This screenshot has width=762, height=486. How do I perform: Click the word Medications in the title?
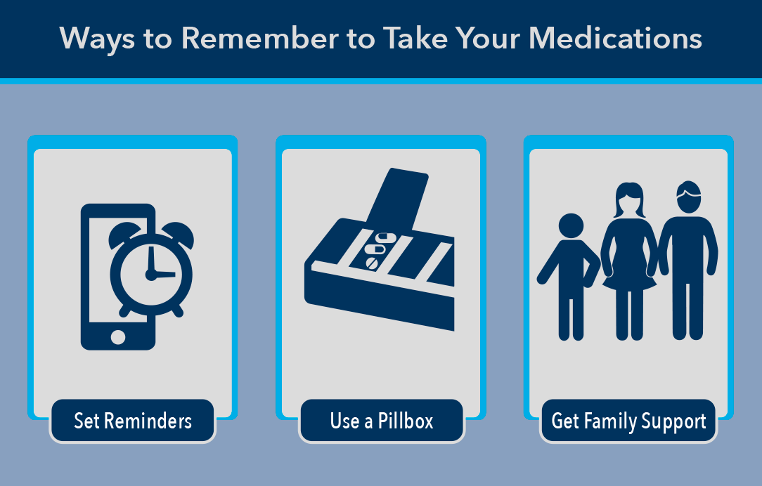615,39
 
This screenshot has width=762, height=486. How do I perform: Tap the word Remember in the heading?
260,39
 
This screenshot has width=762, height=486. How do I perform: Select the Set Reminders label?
133,421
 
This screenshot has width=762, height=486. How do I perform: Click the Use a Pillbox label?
382,421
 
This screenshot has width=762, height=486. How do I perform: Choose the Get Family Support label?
628,421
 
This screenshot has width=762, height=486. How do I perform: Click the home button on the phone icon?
118,336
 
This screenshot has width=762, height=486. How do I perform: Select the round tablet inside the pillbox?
372,263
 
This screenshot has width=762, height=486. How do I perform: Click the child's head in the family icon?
571,225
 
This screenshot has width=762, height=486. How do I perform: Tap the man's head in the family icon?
689,197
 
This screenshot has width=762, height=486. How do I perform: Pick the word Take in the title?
415,39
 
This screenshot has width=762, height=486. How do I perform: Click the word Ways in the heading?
97,39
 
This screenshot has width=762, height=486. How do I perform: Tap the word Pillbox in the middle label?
406,421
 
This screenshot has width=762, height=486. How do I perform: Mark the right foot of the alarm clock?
177,310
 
